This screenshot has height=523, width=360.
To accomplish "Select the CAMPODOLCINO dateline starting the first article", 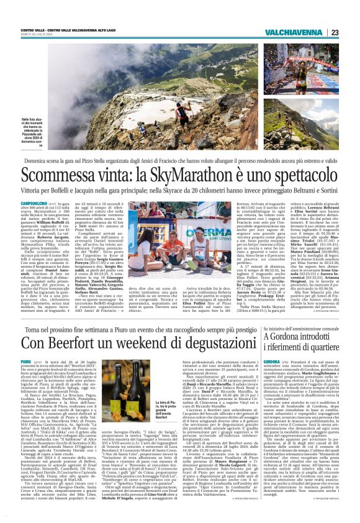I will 33,203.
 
